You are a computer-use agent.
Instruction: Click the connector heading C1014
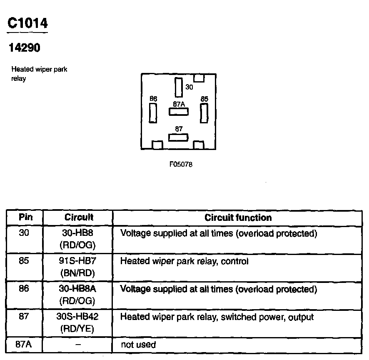27,23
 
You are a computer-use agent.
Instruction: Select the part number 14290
25,48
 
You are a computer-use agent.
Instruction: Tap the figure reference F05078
181,164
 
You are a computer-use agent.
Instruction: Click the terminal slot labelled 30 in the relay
178,87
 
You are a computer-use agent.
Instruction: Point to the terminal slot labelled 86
153,113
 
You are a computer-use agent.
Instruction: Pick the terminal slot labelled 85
204,113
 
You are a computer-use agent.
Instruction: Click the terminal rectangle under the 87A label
178,112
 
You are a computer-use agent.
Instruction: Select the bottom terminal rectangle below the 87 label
178,137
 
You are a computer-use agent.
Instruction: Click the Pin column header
25,217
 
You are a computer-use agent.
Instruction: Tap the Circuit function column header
238,217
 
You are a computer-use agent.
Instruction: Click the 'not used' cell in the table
138,345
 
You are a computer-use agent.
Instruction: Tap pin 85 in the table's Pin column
25,261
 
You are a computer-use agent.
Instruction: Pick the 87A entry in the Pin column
25,345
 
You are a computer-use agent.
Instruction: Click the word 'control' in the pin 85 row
234,261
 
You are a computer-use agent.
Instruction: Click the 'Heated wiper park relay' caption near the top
39,74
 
